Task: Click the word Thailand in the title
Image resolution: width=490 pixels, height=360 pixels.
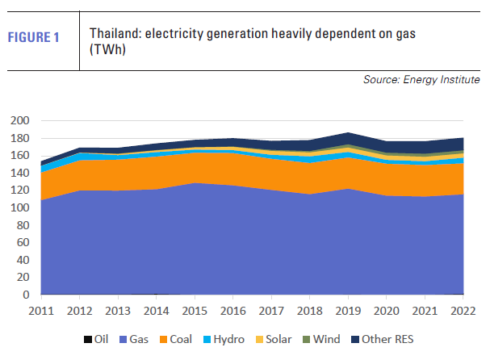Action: coord(112,34)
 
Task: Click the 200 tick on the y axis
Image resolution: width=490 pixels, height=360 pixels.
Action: coord(20,120)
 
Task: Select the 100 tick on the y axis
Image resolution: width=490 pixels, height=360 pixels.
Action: coord(20,207)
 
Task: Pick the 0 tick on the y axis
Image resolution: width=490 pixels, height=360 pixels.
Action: coord(26,295)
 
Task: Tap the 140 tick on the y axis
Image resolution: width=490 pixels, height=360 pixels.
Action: coord(20,173)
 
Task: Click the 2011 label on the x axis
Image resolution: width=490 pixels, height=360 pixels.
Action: coord(40,312)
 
